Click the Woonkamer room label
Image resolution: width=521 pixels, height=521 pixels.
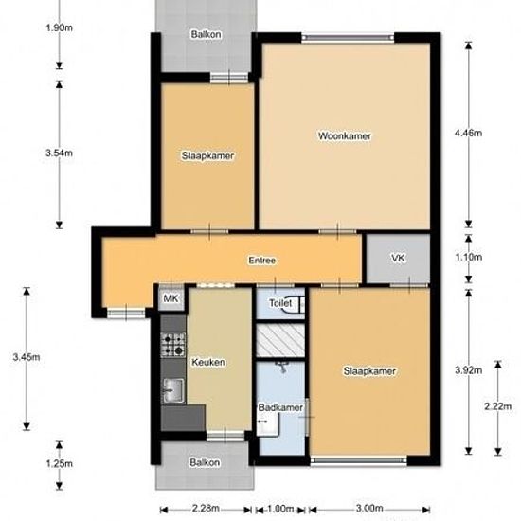(344, 136)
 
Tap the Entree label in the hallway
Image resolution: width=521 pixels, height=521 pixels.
(262, 260)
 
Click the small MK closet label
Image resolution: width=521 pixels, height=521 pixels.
(171, 299)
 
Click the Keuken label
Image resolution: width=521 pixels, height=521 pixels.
(207, 363)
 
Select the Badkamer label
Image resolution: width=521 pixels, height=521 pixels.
(280, 407)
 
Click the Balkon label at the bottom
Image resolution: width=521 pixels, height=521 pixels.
(206, 463)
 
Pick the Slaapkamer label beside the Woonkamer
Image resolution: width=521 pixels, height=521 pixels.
(207, 155)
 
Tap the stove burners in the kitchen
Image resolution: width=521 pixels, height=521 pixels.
(173, 342)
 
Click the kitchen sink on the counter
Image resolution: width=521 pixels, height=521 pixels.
(173, 388)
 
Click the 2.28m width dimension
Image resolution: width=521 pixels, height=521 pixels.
(205, 508)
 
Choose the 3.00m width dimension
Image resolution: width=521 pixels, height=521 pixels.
(370, 508)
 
